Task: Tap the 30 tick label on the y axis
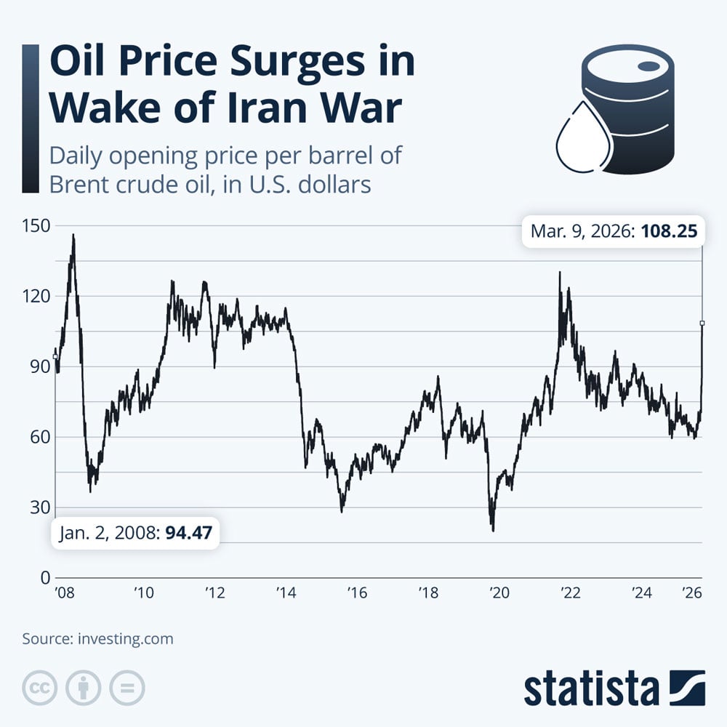click(x=36, y=507)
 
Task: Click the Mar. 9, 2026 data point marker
click(x=702, y=322)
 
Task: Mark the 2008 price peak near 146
click(x=73, y=235)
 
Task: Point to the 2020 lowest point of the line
click(x=493, y=531)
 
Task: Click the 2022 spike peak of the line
click(x=559, y=273)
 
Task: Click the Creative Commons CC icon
click(x=40, y=687)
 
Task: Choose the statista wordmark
click(x=591, y=688)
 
